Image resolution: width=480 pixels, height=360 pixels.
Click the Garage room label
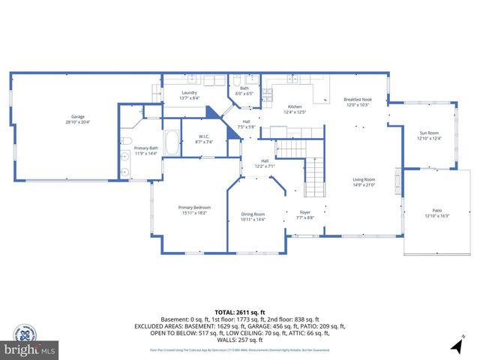click(77, 116)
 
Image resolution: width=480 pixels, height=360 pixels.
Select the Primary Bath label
click(146, 148)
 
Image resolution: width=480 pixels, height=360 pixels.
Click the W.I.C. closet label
click(204, 137)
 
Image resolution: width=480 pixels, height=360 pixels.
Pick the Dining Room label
click(253, 214)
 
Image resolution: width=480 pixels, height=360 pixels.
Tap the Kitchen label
click(295, 107)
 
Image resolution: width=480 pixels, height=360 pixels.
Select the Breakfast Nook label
click(358, 100)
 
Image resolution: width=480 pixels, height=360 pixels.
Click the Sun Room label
click(429, 133)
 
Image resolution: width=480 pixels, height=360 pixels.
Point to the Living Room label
click(364, 179)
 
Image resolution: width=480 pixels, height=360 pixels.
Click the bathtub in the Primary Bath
click(172, 142)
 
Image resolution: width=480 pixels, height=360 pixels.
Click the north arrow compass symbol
click(455, 346)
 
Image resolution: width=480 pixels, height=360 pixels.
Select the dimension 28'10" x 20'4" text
click(77, 121)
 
